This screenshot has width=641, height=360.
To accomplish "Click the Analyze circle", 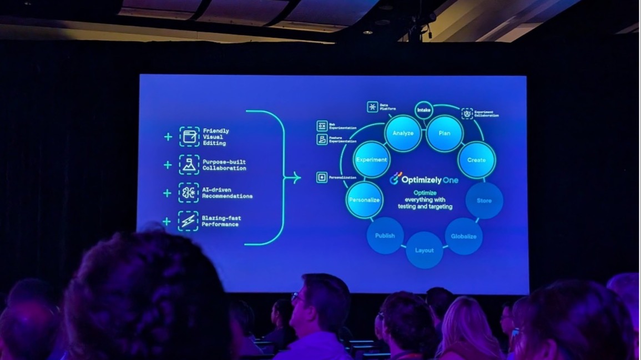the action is [x=403, y=133].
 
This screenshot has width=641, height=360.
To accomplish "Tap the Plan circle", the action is [x=445, y=133].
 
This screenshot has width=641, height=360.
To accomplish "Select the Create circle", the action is [x=476, y=160].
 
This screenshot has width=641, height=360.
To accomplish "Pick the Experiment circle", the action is [x=371, y=160].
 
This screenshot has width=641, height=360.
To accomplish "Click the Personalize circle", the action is [x=364, y=200].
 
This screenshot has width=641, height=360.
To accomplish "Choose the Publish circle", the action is [x=385, y=235].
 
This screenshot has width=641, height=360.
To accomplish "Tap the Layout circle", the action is [x=424, y=250].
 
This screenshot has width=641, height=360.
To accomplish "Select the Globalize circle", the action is [x=463, y=236].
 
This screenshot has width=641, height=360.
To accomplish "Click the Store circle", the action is [x=484, y=201].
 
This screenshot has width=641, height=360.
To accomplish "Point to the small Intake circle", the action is [x=424, y=110].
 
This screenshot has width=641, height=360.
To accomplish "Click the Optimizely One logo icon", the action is [x=396, y=178].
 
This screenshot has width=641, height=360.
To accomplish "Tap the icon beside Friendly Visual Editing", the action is [x=189, y=136].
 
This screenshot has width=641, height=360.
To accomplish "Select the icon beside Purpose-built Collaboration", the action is [x=189, y=165].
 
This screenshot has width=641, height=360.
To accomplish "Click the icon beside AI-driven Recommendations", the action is [x=189, y=192].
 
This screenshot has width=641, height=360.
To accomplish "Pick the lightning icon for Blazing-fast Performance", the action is [x=188, y=221].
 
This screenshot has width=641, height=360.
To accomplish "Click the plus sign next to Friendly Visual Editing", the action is [x=168, y=136].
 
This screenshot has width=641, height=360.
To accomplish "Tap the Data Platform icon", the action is [x=372, y=107].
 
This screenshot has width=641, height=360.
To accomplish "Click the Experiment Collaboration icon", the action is [x=467, y=113].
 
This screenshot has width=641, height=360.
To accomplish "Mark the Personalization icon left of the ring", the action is [x=322, y=177].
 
